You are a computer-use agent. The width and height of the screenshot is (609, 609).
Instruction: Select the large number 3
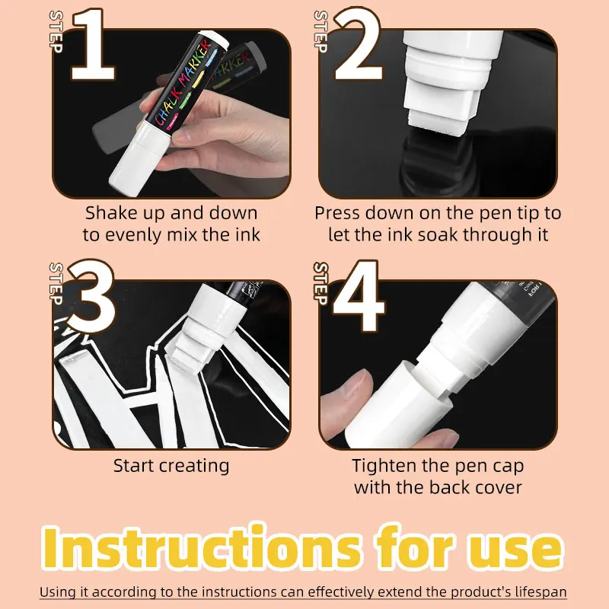click(92, 297)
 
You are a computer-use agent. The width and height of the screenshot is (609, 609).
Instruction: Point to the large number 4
click(359, 297)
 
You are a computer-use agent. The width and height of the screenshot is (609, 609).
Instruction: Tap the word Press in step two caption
click(337, 213)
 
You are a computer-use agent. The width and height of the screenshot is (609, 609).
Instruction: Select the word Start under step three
click(133, 466)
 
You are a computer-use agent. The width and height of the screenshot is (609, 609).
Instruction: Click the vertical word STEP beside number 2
click(320, 31)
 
